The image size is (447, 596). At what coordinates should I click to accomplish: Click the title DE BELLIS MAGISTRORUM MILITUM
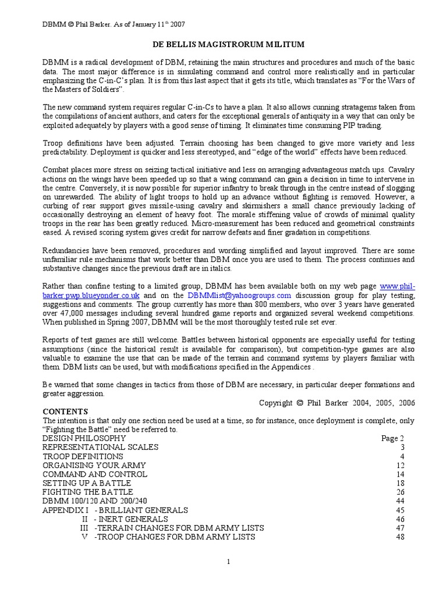[224, 44]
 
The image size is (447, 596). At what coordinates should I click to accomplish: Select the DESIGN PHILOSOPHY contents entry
[84, 438]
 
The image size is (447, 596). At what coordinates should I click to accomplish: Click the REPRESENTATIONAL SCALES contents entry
[101, 448]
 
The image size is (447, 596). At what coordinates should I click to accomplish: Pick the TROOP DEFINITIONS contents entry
[83, 456]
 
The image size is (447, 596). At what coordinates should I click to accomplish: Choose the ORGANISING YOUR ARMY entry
[94, 466]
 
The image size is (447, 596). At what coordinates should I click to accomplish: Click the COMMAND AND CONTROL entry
[95, 474]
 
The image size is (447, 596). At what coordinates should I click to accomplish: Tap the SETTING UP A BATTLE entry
[87, 483]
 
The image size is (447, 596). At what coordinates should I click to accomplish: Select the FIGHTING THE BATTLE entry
[87, 492]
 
